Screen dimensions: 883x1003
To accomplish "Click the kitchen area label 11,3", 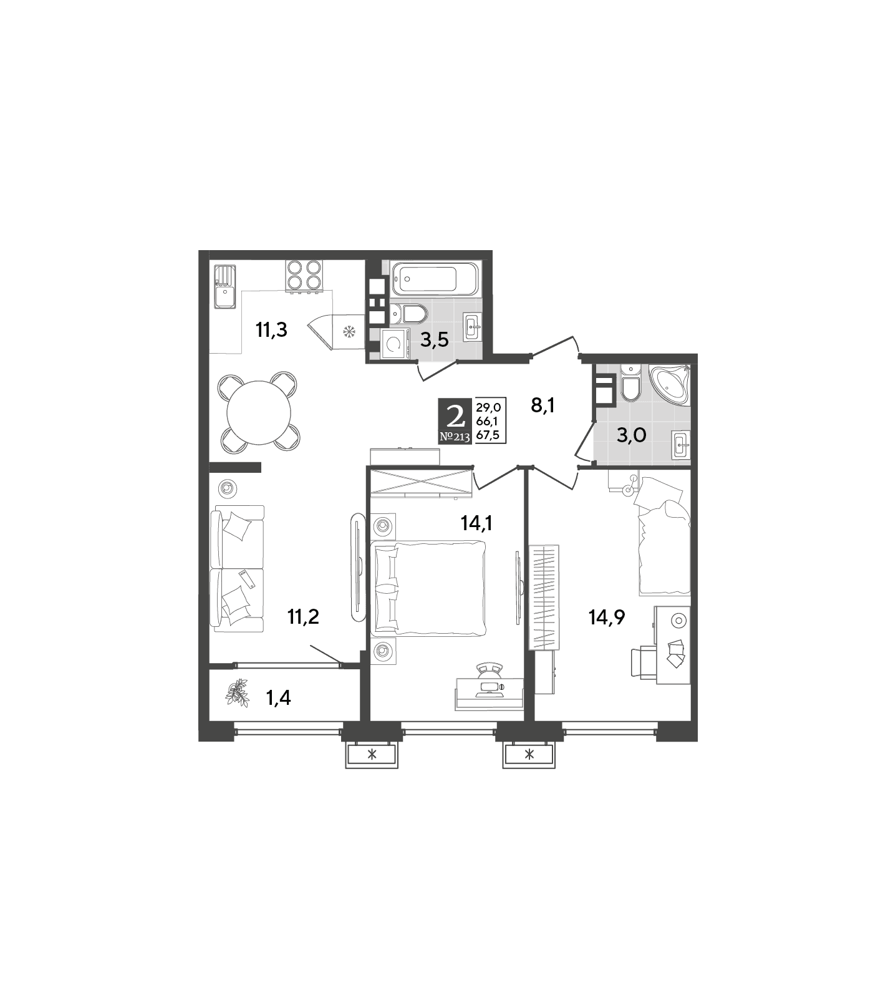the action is pyautogui.click(x=271, y=329).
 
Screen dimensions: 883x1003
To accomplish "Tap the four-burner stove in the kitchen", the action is pyautogui.click(x=304, y=275).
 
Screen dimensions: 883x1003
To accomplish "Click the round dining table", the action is pyautogui.click(x=258, y=412).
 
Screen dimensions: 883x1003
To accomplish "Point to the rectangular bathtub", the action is pyautogui.click(x=435, y=279).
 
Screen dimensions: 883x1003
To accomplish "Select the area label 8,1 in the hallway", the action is pyautogui.click(x=543, y=405).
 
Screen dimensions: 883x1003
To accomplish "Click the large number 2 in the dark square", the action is pyautogui.click(x=456, y=414).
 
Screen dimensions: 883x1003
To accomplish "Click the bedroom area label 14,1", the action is pyautogui.click(x=477, y=523).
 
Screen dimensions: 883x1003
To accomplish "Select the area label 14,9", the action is pyautogui.click(x=607, y=617).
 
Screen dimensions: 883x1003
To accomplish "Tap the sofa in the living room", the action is pyautogui.click(x=237, y=567).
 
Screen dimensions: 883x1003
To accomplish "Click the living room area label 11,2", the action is pyautogui.click(x=303, y=617).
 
